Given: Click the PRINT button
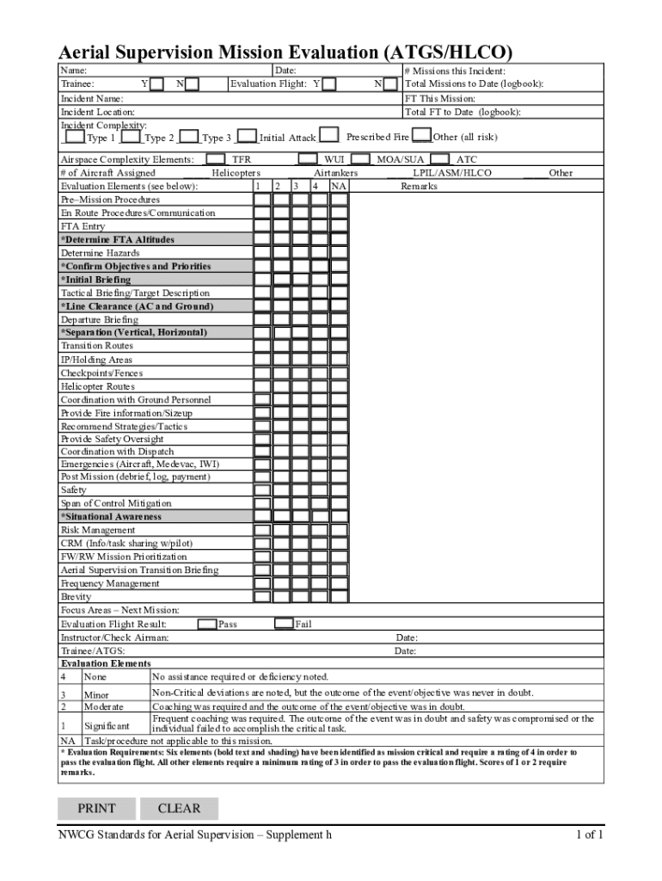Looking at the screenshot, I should pos(96,808).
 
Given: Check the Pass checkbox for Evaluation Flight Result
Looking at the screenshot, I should pos(207,624).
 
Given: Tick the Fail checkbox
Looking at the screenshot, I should pos(284,624).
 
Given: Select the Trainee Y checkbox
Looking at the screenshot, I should pos(156,84).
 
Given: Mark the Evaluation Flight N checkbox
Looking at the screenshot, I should pos(390,84).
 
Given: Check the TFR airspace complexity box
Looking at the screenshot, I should pos(217,159).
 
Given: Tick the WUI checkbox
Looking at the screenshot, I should pos(308,159).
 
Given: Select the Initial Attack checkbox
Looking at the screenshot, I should pos(247,137).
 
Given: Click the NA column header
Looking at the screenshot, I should pos(339,186).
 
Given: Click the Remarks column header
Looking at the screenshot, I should pos(419,186).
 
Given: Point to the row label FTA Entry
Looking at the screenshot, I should pos(83,226).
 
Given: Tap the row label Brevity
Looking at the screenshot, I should pos(76,596).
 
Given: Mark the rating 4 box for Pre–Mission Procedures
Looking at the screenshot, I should pos(320,200).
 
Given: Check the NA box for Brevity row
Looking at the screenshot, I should pos(339,596).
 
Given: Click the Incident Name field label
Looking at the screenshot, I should pos(91,99).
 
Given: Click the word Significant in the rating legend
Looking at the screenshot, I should pos(107,727).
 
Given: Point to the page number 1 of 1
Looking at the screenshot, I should pos(589,835).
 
